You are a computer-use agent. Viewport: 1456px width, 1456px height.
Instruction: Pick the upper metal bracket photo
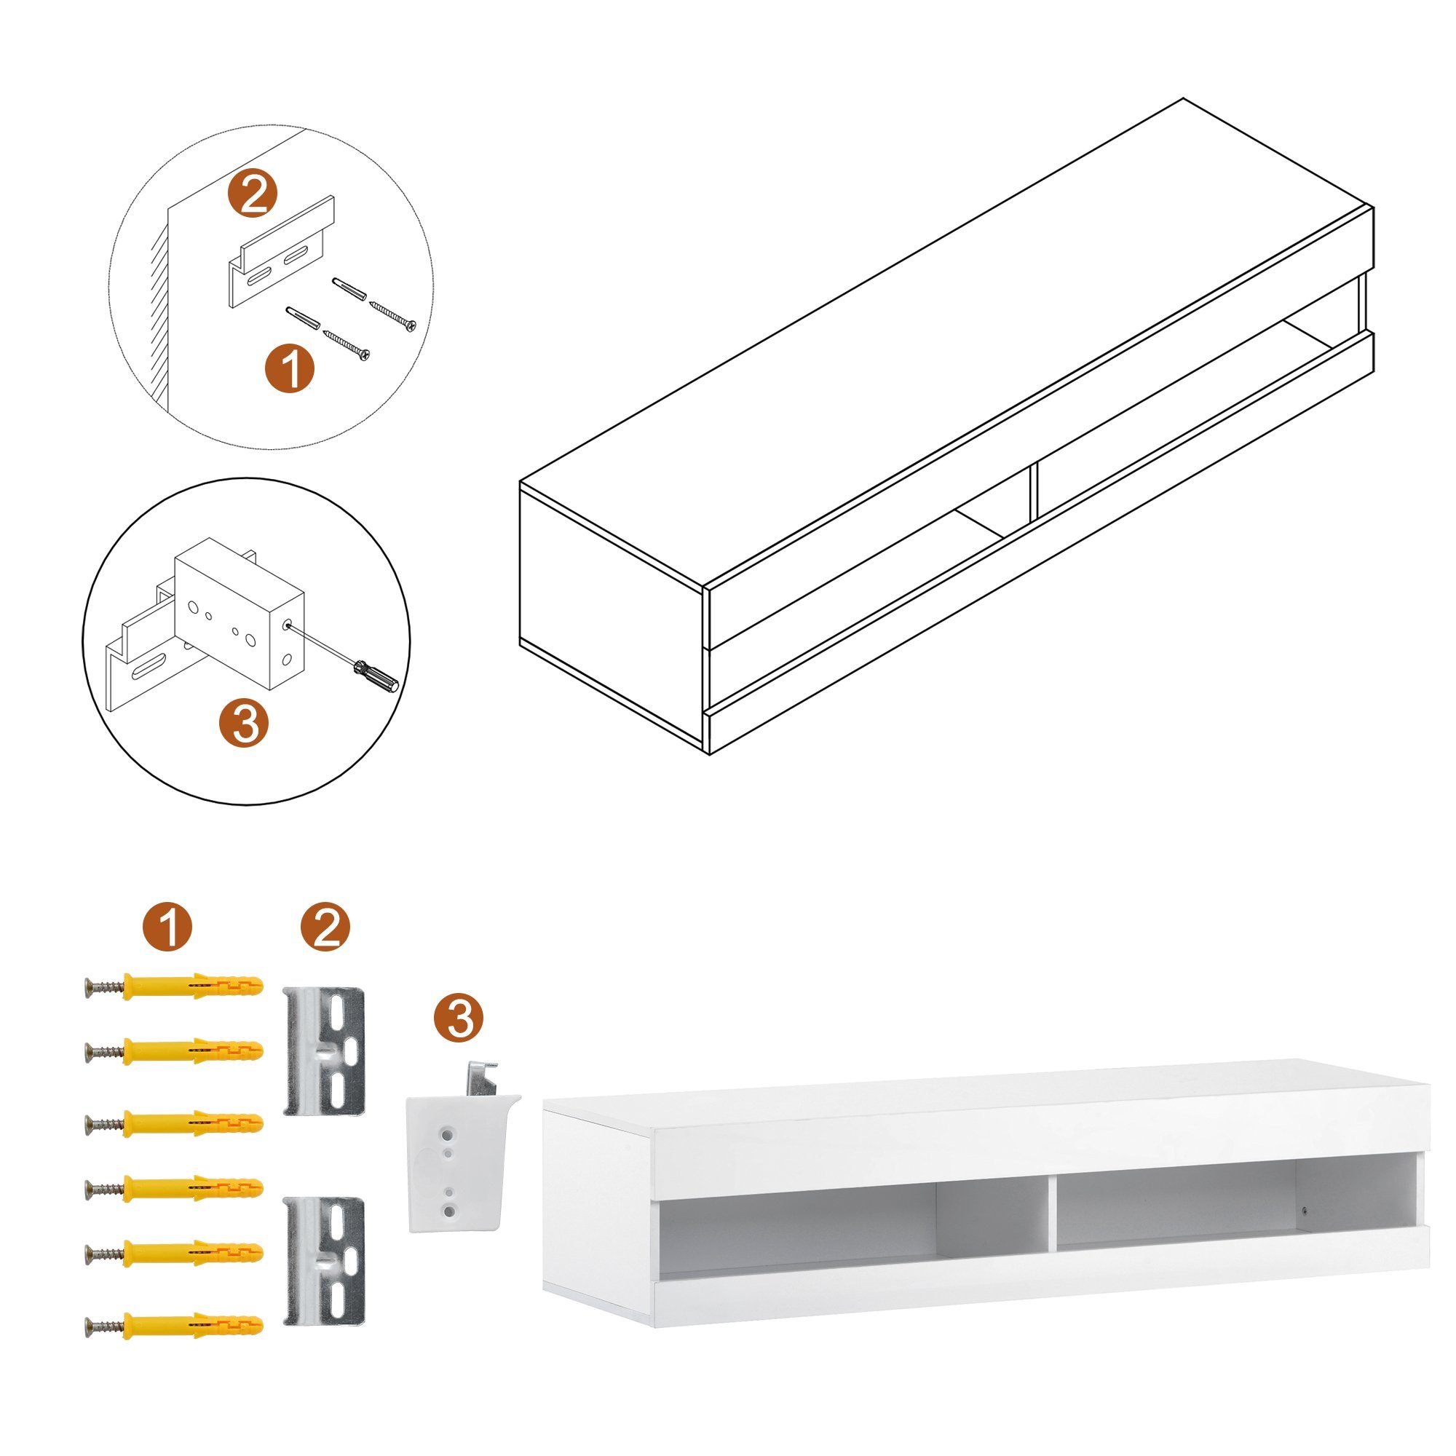[x=325, y=1052]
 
